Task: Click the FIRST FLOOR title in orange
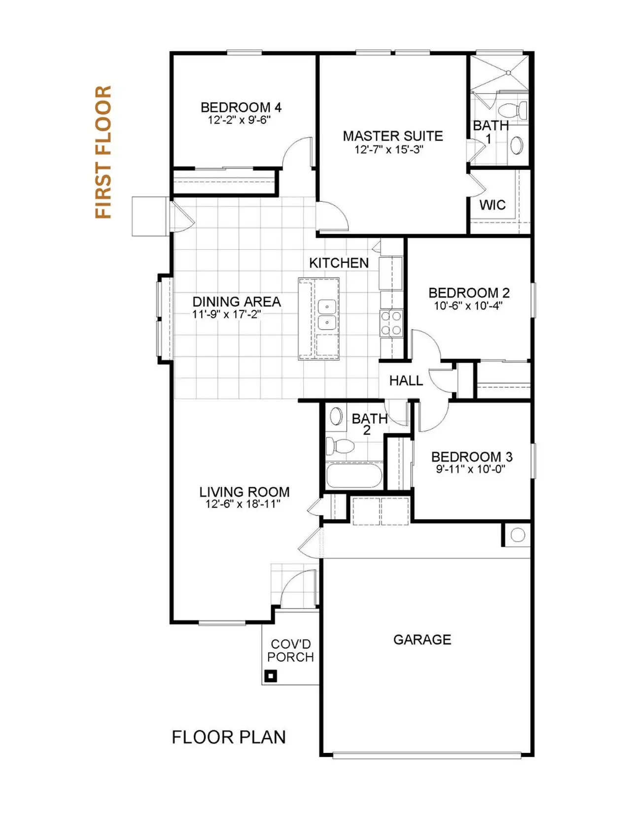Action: (104, 152)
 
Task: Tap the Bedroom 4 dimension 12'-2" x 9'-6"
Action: (239, 120)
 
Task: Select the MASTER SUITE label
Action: (393, 136)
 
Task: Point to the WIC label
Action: (492, 205)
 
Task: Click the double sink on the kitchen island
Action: (327, 314)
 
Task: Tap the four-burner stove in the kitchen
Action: (391, 323)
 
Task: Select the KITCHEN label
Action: (339, 263)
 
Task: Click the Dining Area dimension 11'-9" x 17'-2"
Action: (227, 314)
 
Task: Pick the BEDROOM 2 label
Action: (469, 293)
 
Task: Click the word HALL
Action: (406, 380)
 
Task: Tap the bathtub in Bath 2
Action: (353, 476)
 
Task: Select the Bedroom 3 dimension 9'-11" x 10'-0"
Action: (471, 469)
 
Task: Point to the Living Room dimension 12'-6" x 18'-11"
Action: (243, 504)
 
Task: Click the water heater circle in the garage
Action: (518, 535)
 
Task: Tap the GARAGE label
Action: (422, 640)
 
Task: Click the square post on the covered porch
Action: (271, 676)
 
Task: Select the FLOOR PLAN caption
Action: (229, 737)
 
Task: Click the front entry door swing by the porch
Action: (297, 589)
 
